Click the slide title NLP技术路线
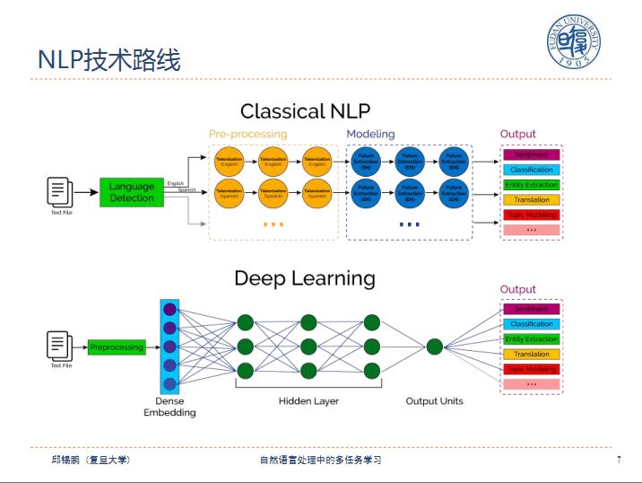tap(109, 60)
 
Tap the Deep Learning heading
tap(304, 278)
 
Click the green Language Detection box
tap(132, 192)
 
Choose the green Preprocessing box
tap(117, 347)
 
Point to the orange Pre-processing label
tap(247, 134)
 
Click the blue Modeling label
tap(370, 134)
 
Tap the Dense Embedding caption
tap(169, 407)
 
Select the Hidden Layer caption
tap(308, 400)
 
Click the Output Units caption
tap(434, 400)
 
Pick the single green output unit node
tap(435, 347)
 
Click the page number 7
tap(619, 461)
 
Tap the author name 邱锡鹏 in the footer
tap(66, 460)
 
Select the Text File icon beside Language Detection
tap(60, 191)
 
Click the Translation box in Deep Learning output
tap(532, 354)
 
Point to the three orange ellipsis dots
tap(273, 224)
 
